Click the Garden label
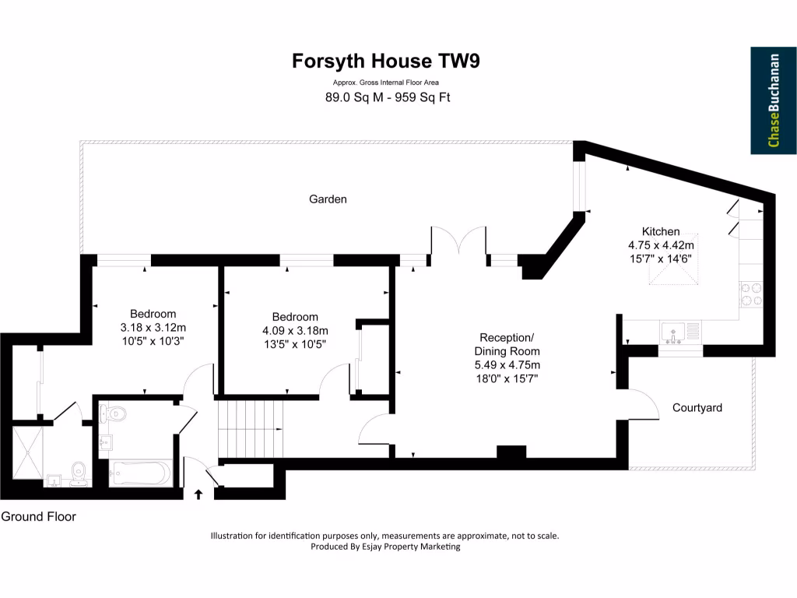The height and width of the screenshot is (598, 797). point(328,199)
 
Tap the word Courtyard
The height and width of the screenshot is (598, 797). point(697,407)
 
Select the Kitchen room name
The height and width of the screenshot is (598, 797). point(660,231)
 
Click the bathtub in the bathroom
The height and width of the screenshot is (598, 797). point(141,473)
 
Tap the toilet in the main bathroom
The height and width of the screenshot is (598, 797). point(115,413)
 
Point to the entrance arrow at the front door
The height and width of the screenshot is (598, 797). point(198,493)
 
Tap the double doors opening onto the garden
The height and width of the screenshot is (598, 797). point(459,241)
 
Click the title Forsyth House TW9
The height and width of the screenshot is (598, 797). point(386,61)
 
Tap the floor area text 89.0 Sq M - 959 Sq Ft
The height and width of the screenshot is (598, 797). point(388,97)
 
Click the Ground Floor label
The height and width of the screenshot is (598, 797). point(39,516)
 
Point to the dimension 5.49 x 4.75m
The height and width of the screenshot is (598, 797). point(507,364)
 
